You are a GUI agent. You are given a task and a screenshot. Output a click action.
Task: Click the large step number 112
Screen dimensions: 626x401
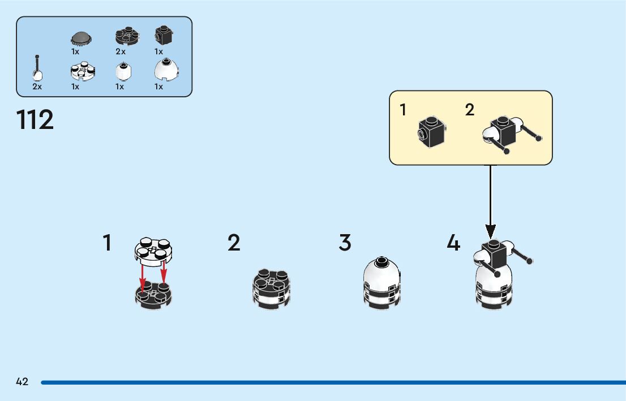point(35,120)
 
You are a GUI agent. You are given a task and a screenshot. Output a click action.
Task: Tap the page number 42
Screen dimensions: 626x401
point(22,382)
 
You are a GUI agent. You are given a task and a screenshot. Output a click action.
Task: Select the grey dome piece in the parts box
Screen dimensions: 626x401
point(82,38)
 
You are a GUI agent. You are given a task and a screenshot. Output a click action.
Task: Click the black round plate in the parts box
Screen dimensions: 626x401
point(128,36)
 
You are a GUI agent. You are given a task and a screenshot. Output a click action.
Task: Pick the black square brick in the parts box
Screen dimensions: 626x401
point(164,36)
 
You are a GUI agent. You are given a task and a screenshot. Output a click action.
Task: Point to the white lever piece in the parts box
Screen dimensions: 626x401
point(38,70)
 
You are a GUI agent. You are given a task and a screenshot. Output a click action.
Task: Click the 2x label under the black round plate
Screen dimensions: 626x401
point(121,51)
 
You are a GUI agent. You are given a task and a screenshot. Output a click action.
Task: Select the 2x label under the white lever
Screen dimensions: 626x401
point(37,87)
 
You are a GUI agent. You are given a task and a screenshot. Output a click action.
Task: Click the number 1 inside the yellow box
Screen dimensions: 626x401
point(403,110)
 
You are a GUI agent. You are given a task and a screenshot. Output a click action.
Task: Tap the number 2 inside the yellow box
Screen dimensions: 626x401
point(470,110)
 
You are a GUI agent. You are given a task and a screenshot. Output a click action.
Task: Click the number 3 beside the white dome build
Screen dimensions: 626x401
point(345,243)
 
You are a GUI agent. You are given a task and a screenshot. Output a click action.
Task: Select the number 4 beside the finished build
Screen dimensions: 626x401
point(453,243)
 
